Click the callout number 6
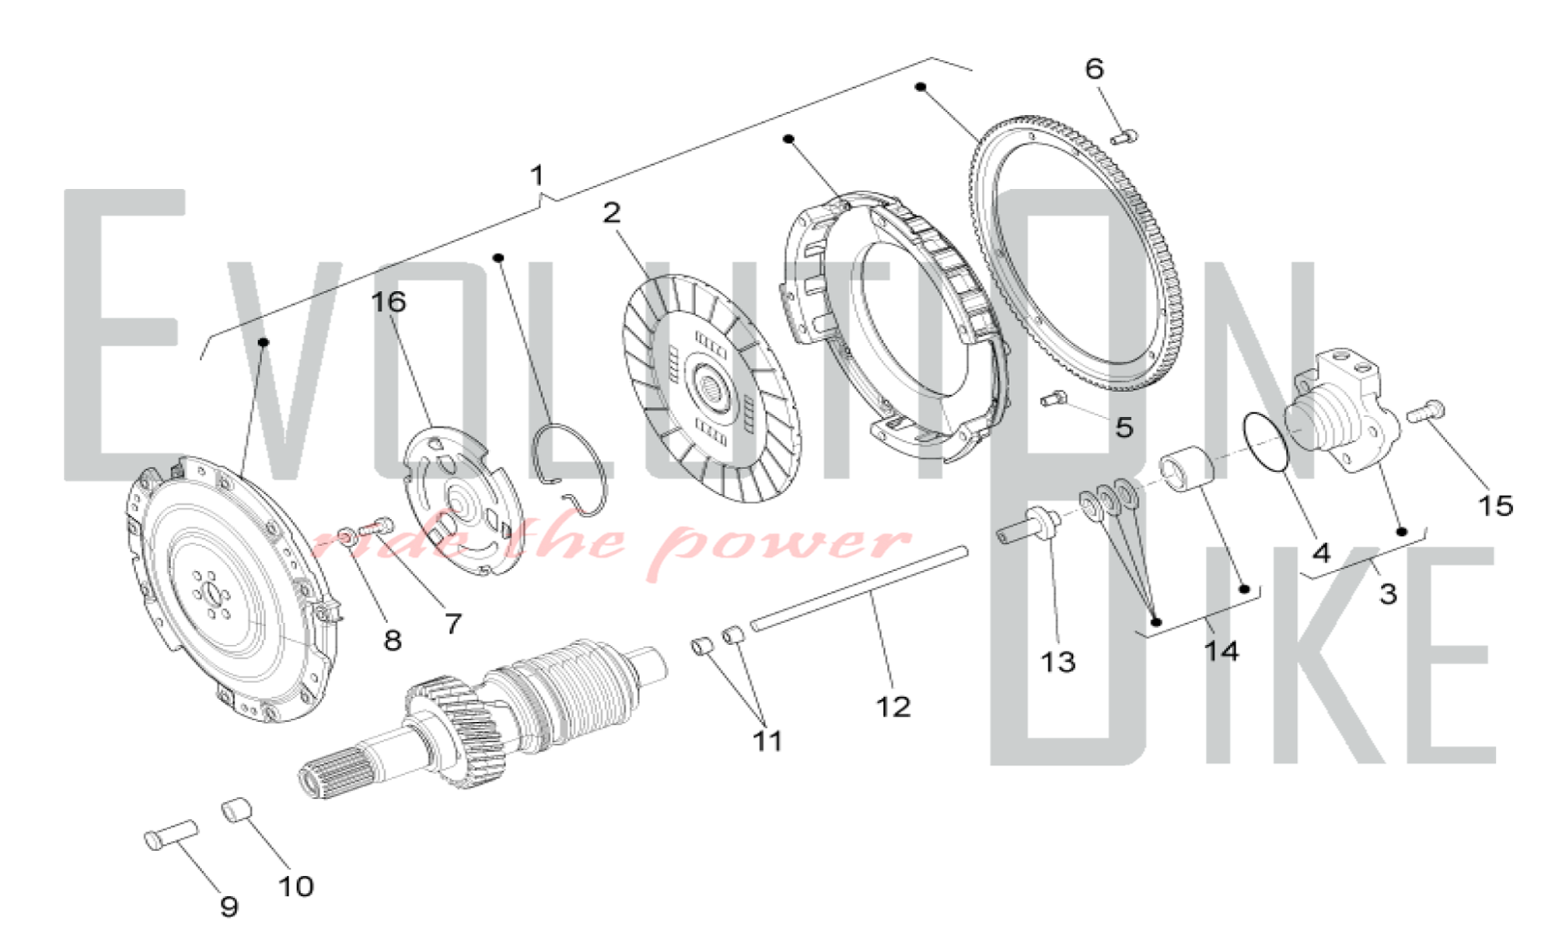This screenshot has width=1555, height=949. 1095,69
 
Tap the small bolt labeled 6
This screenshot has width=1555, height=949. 1123,137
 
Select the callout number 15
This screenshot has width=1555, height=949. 1495,506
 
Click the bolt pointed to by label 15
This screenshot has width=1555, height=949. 1426,411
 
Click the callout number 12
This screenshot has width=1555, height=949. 893,707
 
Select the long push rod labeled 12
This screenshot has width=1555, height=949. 860,587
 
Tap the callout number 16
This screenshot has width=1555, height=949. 389,302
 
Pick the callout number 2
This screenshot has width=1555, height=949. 612,213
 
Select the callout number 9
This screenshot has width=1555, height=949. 229,906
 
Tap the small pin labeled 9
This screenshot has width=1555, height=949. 170,835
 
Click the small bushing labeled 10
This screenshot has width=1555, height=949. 236,809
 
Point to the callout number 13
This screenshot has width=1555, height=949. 1058,662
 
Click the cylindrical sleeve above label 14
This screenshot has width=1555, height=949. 1186,469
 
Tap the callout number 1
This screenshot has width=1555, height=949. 536,176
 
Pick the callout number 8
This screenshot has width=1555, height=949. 393,641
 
